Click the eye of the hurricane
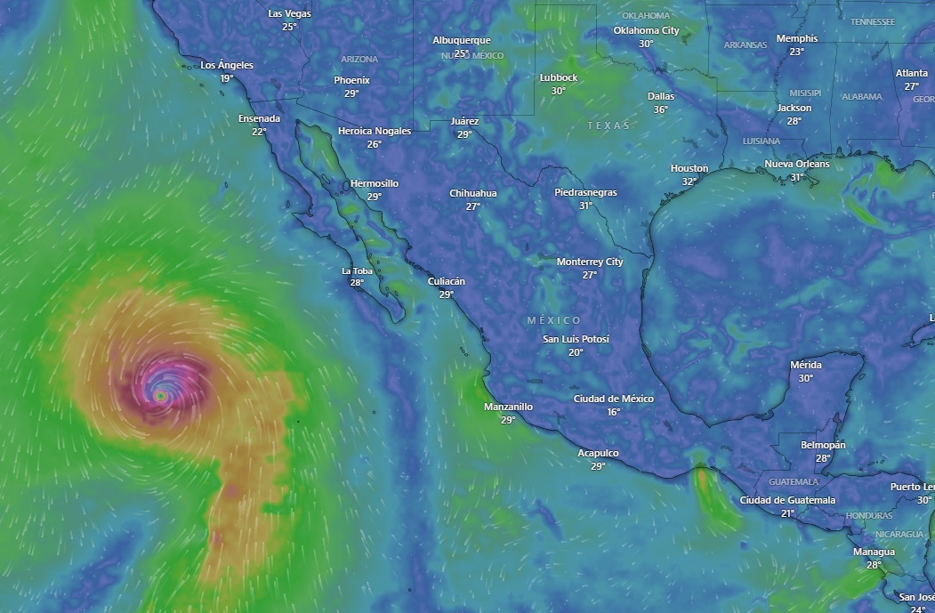tap(161, 395)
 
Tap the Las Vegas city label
tap(289, 13)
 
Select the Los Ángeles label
tap(227, 65)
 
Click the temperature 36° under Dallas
tap(661, 109)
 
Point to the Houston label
tap(689, 168)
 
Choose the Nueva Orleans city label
tap(796, 164)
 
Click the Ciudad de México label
tap(613, 399)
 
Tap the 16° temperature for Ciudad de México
tap(613, 412)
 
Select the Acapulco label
tap(598, 453)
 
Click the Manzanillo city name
tap(508, 407)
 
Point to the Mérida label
tap(806, 365)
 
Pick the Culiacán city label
tap(447, 281)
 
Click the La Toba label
tap(357, 270)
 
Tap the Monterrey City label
tap(590, 262)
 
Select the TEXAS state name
tap(609, 125)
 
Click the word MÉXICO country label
tap(553, 320)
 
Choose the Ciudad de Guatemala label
tap(787, 500)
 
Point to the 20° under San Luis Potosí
tap(576, 352)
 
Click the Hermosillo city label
tap(375, 183)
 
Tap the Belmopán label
tap(823, 445)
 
